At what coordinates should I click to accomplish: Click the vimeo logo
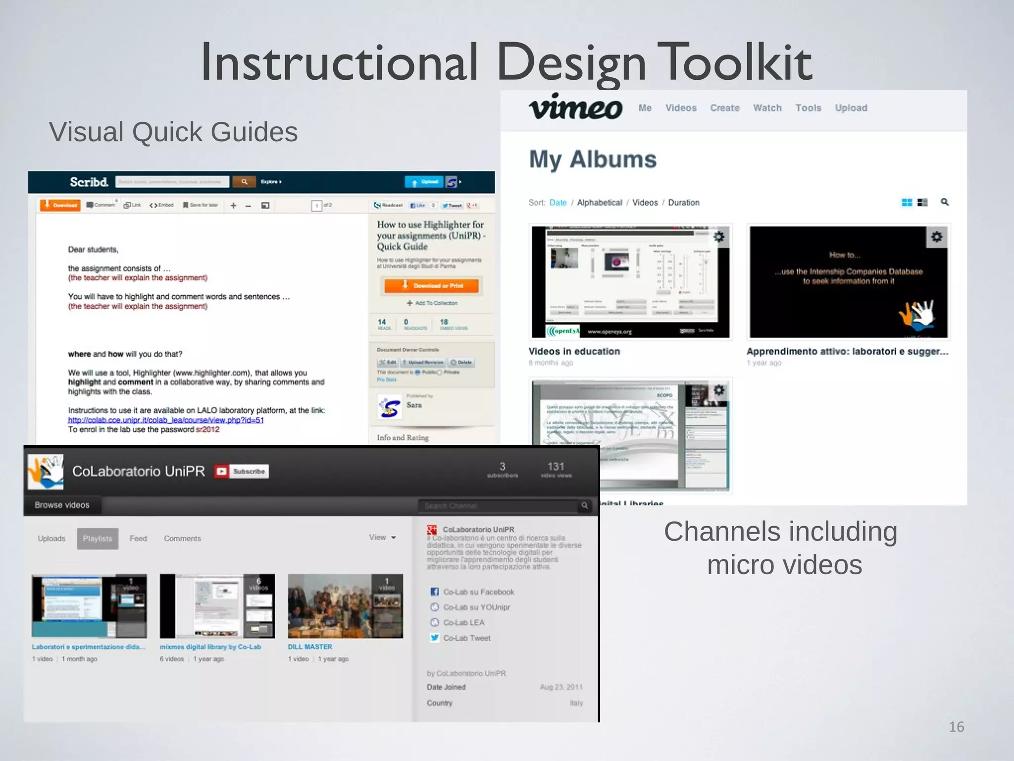click(x=575, y=107)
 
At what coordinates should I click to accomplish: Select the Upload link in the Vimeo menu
click(x=851, y=108)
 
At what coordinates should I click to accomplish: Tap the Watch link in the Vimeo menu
click(x=767, y=108)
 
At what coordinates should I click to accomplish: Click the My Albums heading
click(x=593, y=160)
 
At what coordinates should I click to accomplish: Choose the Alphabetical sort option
click(x=599, y=203)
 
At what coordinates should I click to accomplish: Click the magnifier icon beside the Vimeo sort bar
click(x=945, y=202)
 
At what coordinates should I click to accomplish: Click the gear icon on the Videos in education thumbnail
click(x=719, y=237)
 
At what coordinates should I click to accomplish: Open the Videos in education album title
click(x=574, y=351)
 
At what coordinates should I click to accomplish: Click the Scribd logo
click(x=89, y=182)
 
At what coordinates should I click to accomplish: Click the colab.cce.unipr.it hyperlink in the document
click(x=165, y=420)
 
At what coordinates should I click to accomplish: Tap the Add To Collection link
click(x=432, y=303)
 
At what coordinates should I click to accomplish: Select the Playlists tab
click(x=98, y=539)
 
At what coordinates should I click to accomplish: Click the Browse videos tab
click(x=62, y=505)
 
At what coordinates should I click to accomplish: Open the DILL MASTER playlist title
click(x=310, y=647)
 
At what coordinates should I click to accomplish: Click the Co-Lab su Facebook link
click(x=478, y=592)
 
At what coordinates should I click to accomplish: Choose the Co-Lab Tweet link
click(x=466, y=638)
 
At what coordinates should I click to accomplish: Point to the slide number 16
click(x=956, y=727)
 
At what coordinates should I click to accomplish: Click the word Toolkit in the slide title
click(x=737, y=62)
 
